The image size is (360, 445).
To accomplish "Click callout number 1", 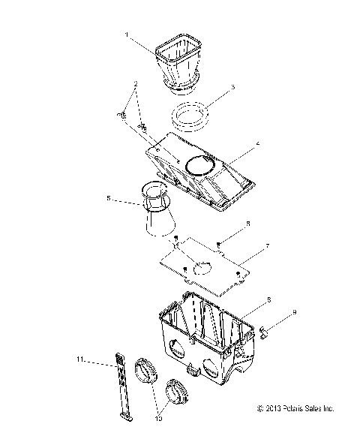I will pyautogui.click(x=127, y=34).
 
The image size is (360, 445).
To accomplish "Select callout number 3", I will pyautogui.click(x=232, y=87).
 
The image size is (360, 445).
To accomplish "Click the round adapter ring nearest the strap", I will pyautogui.click(x=145, y=373).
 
